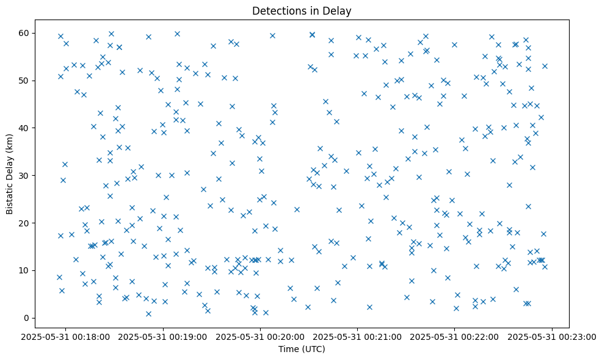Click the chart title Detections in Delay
point(301,11)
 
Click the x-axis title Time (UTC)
point(301,349)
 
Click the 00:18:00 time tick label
point(67,336)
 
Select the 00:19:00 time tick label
point(164,336)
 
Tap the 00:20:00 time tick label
point(261,336)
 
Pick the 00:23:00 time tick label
point(552,336)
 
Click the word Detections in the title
point(276,11)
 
